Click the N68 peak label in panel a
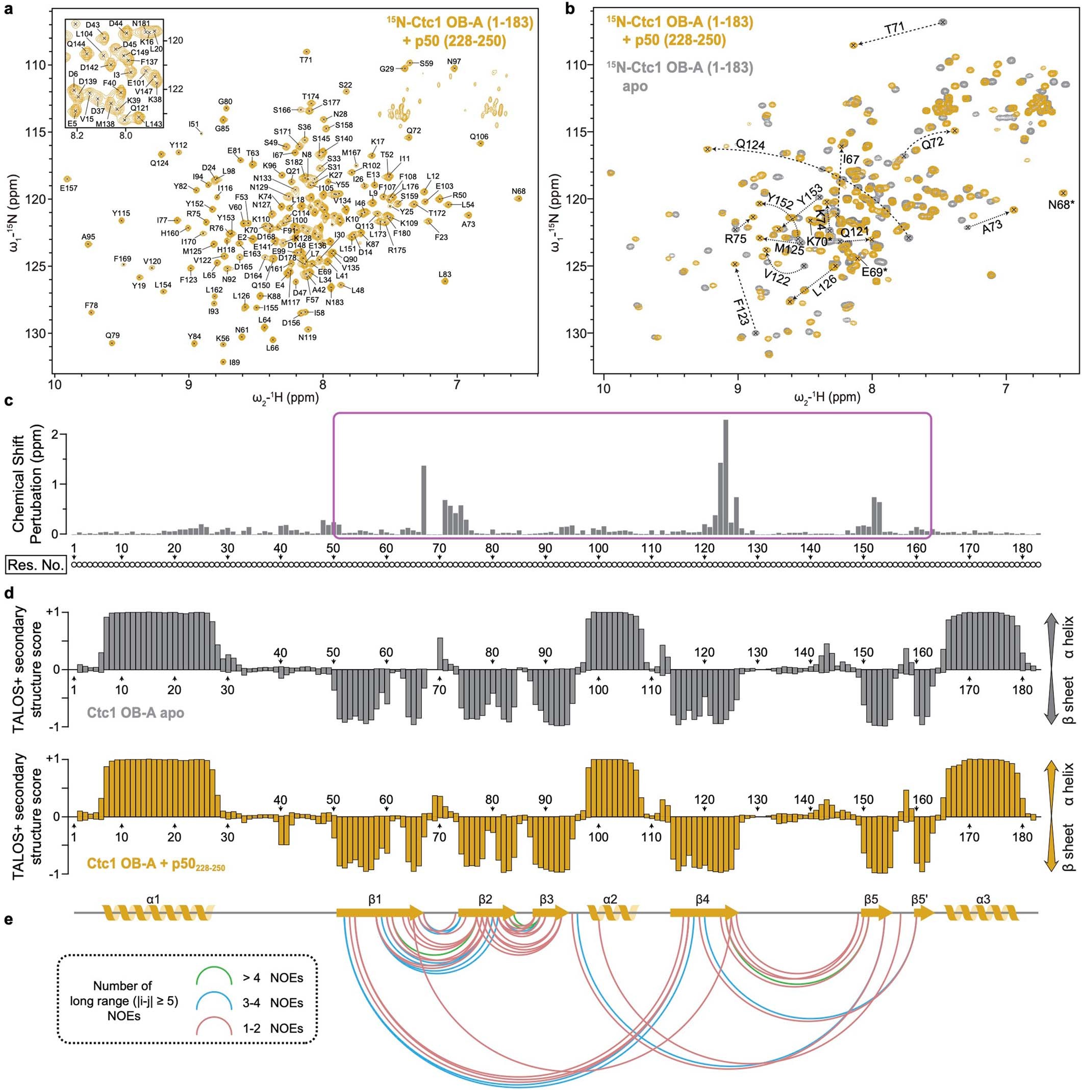point(518,191)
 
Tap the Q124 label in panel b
point(750,144)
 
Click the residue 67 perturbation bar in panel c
point(423,499)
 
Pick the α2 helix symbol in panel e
point(613,913)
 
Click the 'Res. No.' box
point(36,565)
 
